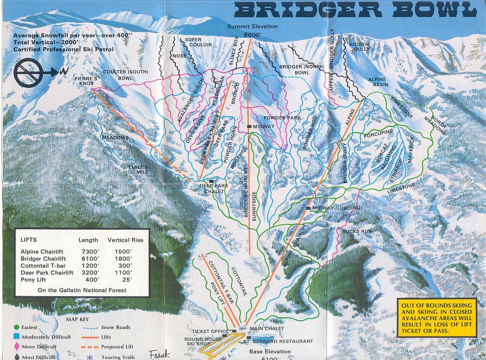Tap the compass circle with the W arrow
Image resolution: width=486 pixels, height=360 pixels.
pos(30,72)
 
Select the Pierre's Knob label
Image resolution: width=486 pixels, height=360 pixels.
pos(86,81)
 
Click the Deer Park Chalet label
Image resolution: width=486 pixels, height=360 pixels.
pos(214,188)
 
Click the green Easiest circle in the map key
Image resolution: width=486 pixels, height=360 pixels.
pos(17,327)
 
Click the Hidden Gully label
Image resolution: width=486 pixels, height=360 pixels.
pos(359,47)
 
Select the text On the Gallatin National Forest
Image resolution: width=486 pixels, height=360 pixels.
pos(82,290)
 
